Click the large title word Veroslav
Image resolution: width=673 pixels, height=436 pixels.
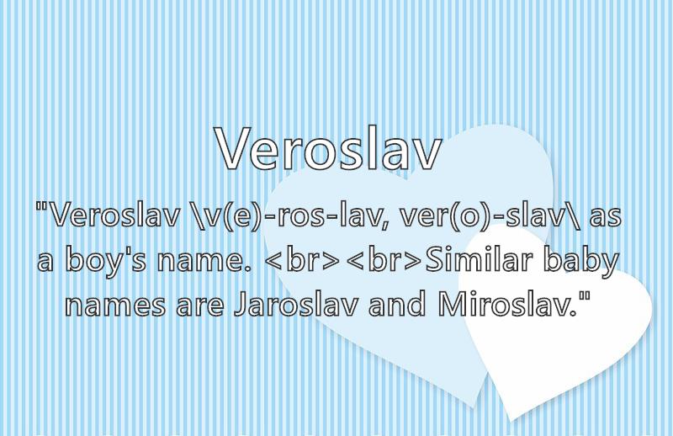pyautogui.click(x=329, y=148)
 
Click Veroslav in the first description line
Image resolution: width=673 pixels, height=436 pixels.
pyautogui.click(x=114, y=215)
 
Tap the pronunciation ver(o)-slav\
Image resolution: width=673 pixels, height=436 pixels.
pyautogui.click(x=490, y=217)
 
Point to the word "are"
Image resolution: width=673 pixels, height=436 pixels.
pyautogui.click(x=199, y=306)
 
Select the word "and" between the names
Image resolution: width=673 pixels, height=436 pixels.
pyautogui.click(x=397, y=304)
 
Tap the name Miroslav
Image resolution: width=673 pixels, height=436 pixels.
pyautogui.click(x=508, y=304)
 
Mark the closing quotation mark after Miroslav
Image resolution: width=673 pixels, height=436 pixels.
pyautogui.click(x=585, y=296)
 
